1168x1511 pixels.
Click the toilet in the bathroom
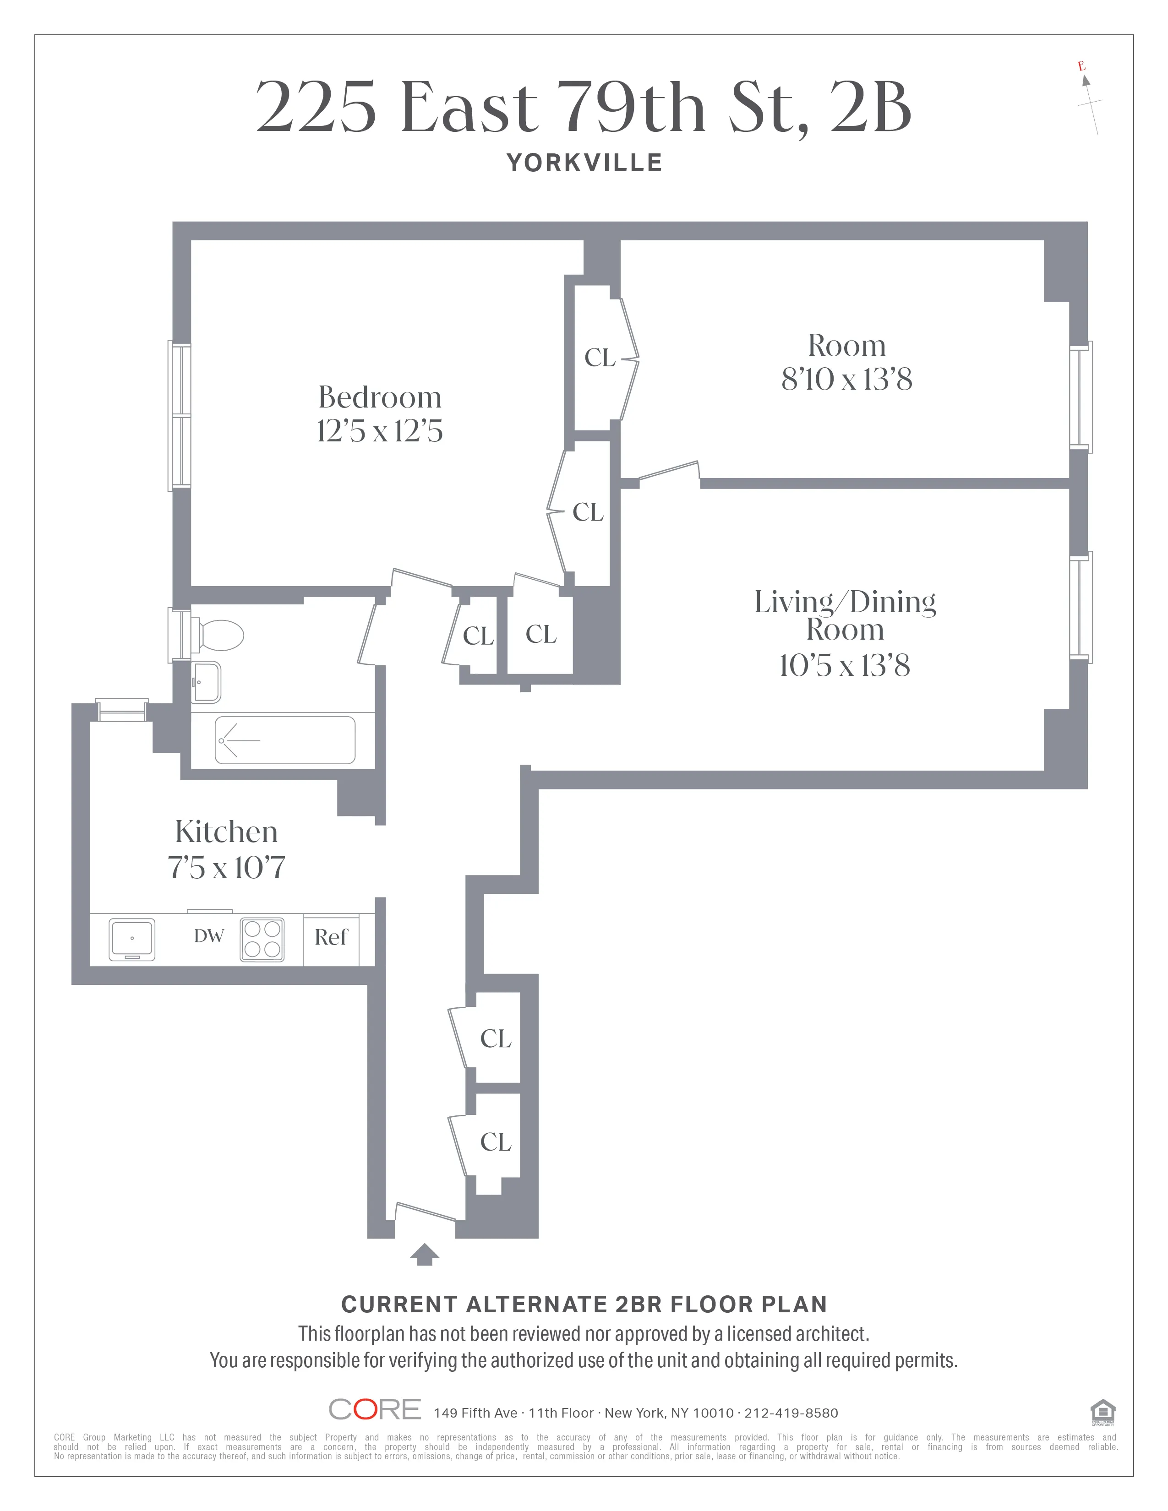(x=220, y=635)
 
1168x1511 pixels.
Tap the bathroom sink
(x=206, y=682)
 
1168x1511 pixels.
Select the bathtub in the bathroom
(x=284, y=740)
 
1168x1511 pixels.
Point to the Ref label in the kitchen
(x=331, y=937)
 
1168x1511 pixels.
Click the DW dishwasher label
(x=208, y=936)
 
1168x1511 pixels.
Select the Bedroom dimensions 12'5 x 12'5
(x=379, y=431)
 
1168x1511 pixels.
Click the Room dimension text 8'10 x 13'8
(x=846, y=379)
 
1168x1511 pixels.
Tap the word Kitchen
(x=226, y=832)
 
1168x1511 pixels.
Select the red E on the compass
(x=1081, y=66)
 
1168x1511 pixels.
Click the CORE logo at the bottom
(x=374, y=1409)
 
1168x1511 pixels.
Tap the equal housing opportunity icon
(x=1102, y=1411)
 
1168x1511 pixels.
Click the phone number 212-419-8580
(x=791, y=1413)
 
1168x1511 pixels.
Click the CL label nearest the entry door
(x=496, y=1141)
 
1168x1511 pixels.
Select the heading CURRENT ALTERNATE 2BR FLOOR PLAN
(x=584, y=1304)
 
